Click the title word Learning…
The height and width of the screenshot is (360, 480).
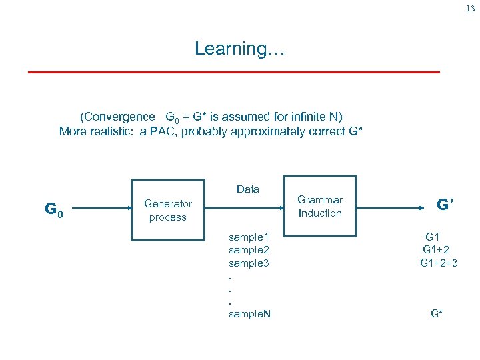pos(239,49)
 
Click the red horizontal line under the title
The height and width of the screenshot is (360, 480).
pos(233,71)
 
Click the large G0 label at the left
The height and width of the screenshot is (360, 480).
pos(54,209)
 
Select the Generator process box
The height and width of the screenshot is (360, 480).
pos(167,210)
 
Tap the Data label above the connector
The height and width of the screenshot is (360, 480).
pos(248,189)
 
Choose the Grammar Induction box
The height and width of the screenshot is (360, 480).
pos(320,206)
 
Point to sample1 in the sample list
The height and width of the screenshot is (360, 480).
pos(248,237)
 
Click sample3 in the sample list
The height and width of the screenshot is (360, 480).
pos(248,263)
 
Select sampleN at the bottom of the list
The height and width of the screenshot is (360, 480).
pos(249,313)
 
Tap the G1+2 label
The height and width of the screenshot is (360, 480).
pos(438,249)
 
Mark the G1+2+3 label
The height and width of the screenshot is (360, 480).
pos(439,263)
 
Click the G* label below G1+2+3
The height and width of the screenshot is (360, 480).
pos(437,313)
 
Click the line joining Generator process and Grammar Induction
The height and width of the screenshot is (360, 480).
pos(244,206)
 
